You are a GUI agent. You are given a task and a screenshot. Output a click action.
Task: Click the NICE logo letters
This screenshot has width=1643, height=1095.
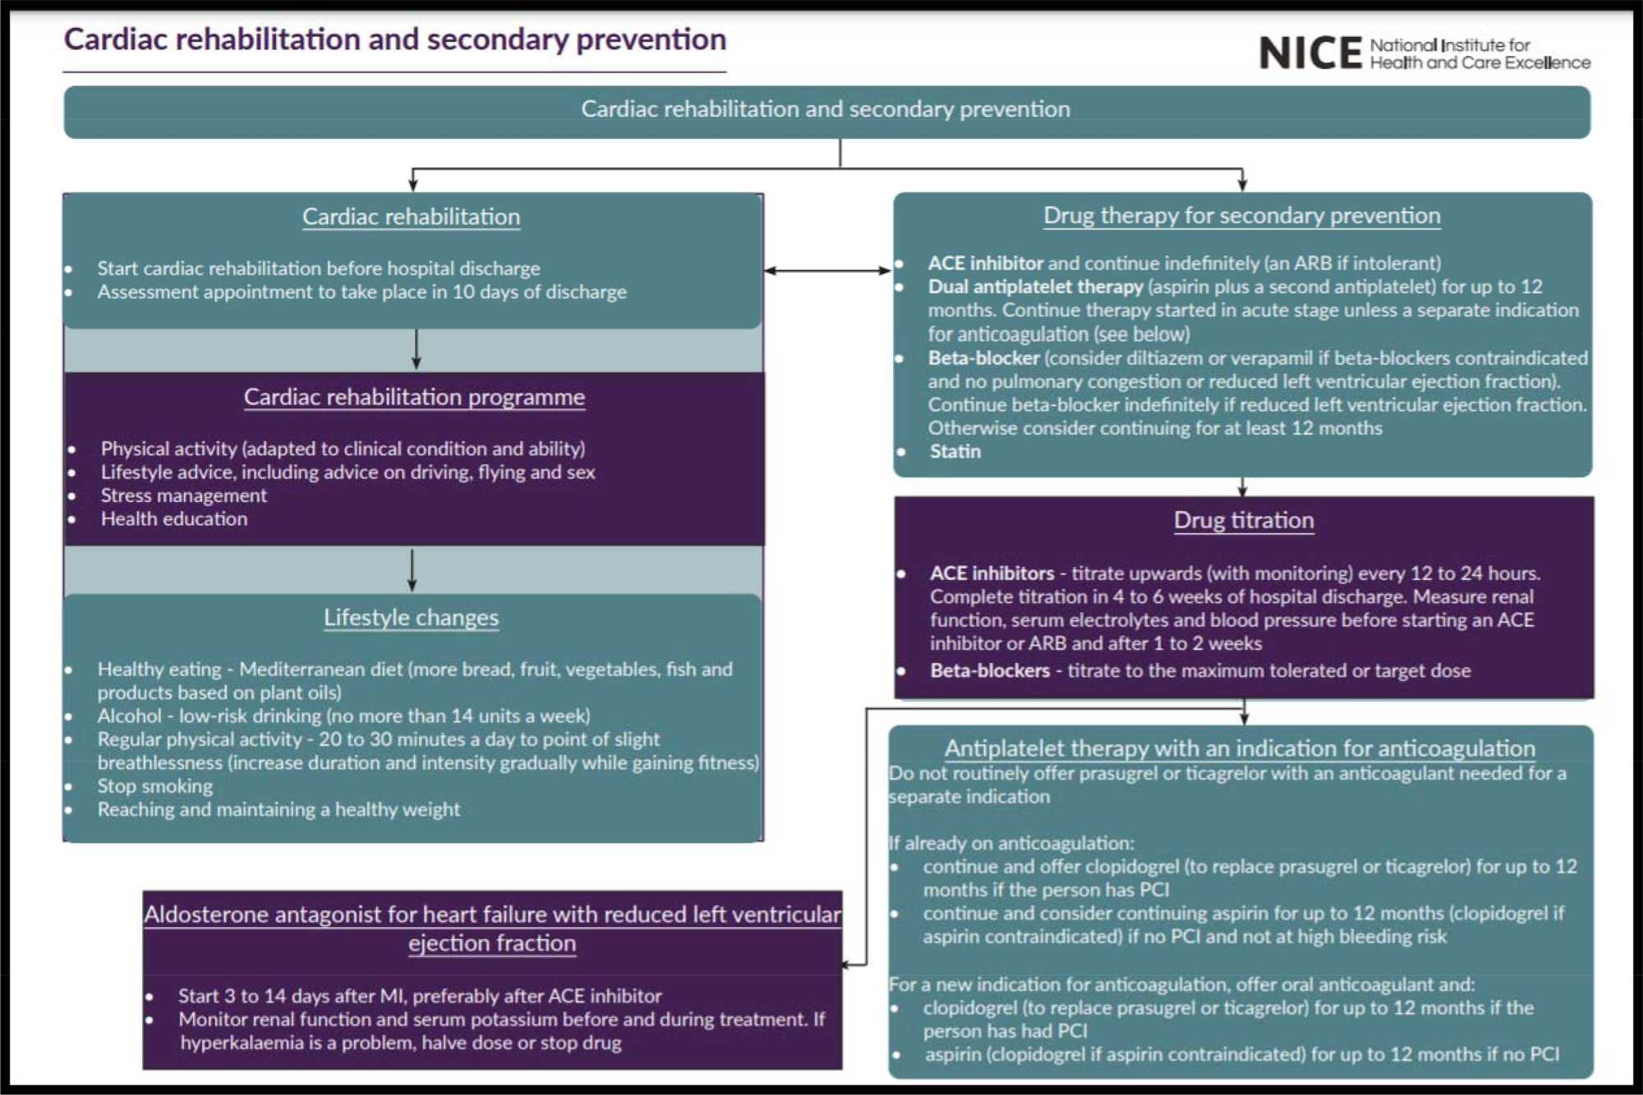[1309, 53]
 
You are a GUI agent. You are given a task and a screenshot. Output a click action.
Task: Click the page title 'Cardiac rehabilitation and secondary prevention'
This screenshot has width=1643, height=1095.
[395, 39]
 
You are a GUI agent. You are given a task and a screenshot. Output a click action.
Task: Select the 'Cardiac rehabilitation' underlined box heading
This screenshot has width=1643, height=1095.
[411, 217]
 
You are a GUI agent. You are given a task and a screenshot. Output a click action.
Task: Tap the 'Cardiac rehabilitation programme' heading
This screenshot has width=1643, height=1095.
[414, 397]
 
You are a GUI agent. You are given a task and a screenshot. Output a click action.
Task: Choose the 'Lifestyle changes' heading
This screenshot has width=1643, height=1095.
[411, 617]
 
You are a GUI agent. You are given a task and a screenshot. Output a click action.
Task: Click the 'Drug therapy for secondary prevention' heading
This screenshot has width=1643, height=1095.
[1241, 215]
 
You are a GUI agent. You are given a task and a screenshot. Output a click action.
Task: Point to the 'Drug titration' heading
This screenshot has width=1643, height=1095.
[1244, 520]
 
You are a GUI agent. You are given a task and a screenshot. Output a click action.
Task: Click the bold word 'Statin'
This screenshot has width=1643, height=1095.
[955, 451]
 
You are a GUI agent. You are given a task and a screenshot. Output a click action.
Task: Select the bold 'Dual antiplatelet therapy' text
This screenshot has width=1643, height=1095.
[1035, 287]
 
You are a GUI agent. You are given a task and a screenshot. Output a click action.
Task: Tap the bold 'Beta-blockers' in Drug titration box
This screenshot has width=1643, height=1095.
[990, 670]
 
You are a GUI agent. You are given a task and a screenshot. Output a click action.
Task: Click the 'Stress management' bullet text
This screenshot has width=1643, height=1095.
[184, 495]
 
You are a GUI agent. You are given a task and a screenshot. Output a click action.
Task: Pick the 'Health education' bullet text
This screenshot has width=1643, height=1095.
[174, 519]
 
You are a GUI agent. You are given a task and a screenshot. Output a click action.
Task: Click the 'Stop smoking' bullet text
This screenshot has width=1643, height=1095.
[155, 786]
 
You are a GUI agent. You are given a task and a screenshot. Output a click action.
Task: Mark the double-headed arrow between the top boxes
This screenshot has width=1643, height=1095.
[827, 270]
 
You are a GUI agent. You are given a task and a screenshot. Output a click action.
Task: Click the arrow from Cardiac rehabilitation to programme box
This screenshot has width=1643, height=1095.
[417, 350]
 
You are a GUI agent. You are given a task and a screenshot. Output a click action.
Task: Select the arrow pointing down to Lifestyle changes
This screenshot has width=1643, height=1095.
[412, 570]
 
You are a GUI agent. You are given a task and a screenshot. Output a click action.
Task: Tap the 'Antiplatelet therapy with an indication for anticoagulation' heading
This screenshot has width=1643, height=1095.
[1240, 748]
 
